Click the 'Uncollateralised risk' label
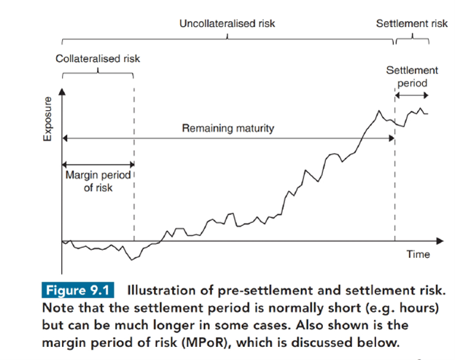click(x=227, y=23)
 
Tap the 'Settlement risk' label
click(x=412, y=23)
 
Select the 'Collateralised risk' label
click(x=98, y=58)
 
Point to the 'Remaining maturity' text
click(x=228, y=128)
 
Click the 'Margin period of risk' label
click(x=98, y=181)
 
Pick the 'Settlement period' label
click(x=412, y=77)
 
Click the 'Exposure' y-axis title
click(x=47, y=119)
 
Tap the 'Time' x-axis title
click(x=418, y=254)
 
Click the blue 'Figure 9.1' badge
click(x=78, y=290)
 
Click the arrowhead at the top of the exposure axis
click(x=62, y=92)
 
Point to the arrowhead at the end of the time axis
click(x=440, y=240)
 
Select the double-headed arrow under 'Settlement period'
click(x=411, y=95)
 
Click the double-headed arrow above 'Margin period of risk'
click(x=98, y=165)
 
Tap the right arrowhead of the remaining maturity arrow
click(x=392, y=138)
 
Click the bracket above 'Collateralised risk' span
click(x=98, y=73)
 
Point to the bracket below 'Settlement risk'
click(x=413, y=39)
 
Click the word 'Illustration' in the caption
click(x=161, y=290)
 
